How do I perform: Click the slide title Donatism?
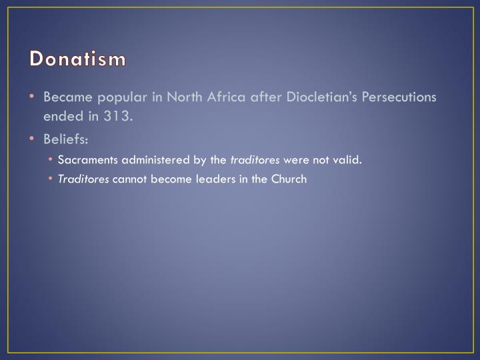tap(77, 59)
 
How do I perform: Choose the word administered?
tap(156, 160)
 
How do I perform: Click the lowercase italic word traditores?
tap(255, 160)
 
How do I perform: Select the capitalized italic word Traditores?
tap(83, 179)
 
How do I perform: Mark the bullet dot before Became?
tap(33, 97)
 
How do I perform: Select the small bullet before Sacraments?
tap(52, 160)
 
